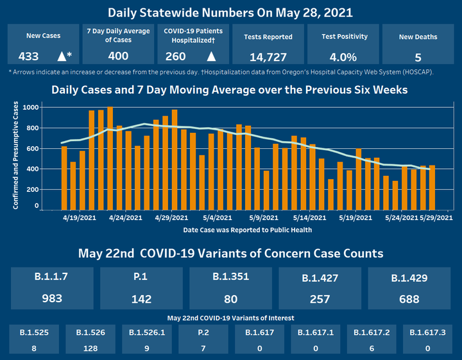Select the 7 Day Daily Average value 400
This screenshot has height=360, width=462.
click(x=119, y=56)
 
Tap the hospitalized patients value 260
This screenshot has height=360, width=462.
click(x=175, y=56)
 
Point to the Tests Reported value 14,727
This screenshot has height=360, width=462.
click(x=268, y=56)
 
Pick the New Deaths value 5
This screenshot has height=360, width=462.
click(x=417, y=56)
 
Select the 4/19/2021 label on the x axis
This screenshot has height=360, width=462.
click(x=78, y=218)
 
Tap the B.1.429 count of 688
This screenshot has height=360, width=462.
click(x=408, y=298)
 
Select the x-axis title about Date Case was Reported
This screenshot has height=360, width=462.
click(x=248, y=230)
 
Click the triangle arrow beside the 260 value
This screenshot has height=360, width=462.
click(x=210, y=56)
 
